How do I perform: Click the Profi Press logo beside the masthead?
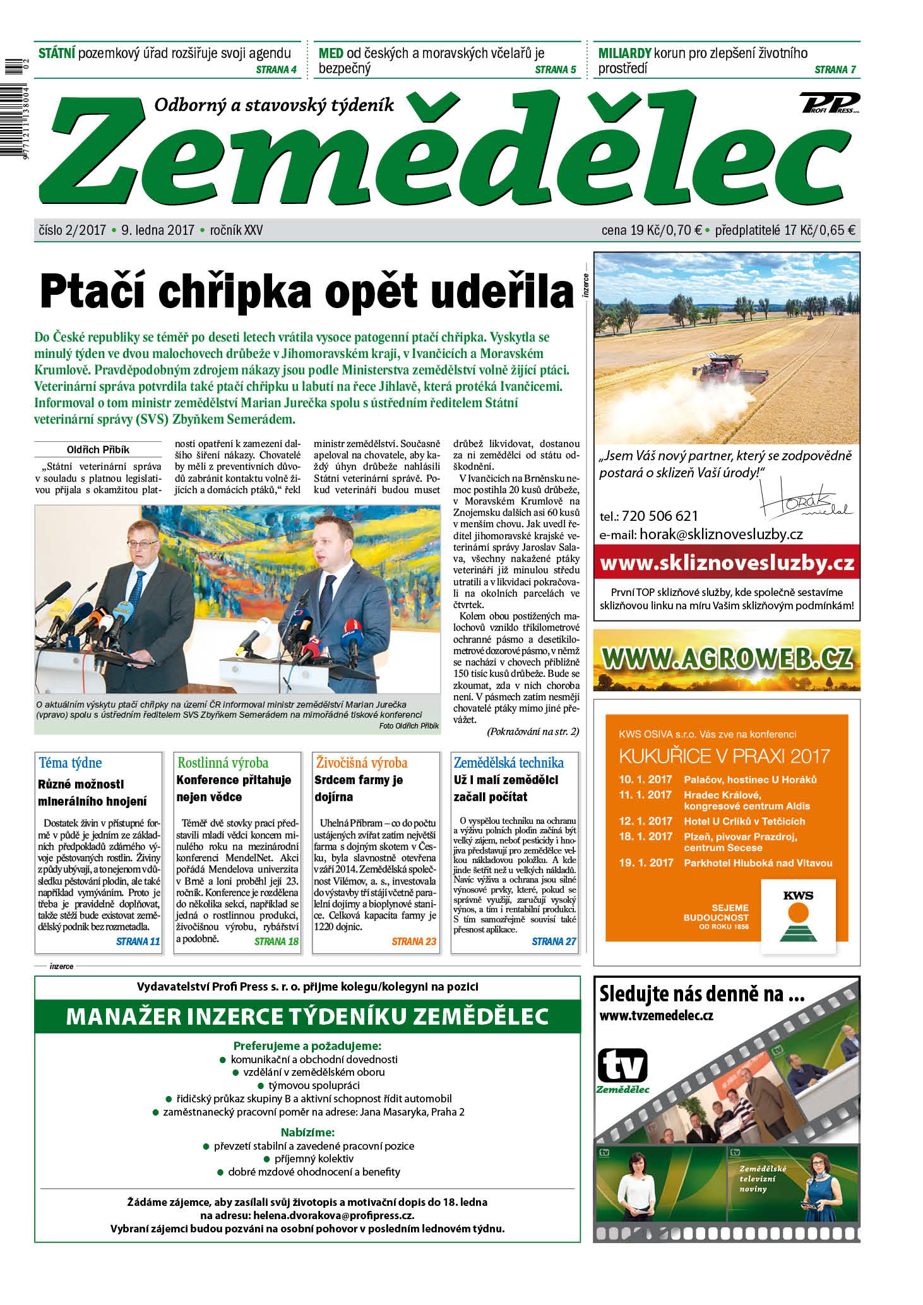click(830, 103)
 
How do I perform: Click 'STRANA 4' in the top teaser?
click(276, 69)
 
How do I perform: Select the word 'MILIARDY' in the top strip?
click(624, 53)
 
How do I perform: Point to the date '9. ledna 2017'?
click(158, 230)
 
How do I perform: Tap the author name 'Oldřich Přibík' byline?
click(98, 450)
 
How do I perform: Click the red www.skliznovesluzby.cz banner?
click(727, 563)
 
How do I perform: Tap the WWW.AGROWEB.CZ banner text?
click(727, 658)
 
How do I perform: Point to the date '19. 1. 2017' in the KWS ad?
click(646, 863)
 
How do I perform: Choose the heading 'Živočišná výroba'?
click(362, 763)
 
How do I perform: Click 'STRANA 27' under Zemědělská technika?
click(554, 941)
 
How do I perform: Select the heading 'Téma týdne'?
click(70, 763)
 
